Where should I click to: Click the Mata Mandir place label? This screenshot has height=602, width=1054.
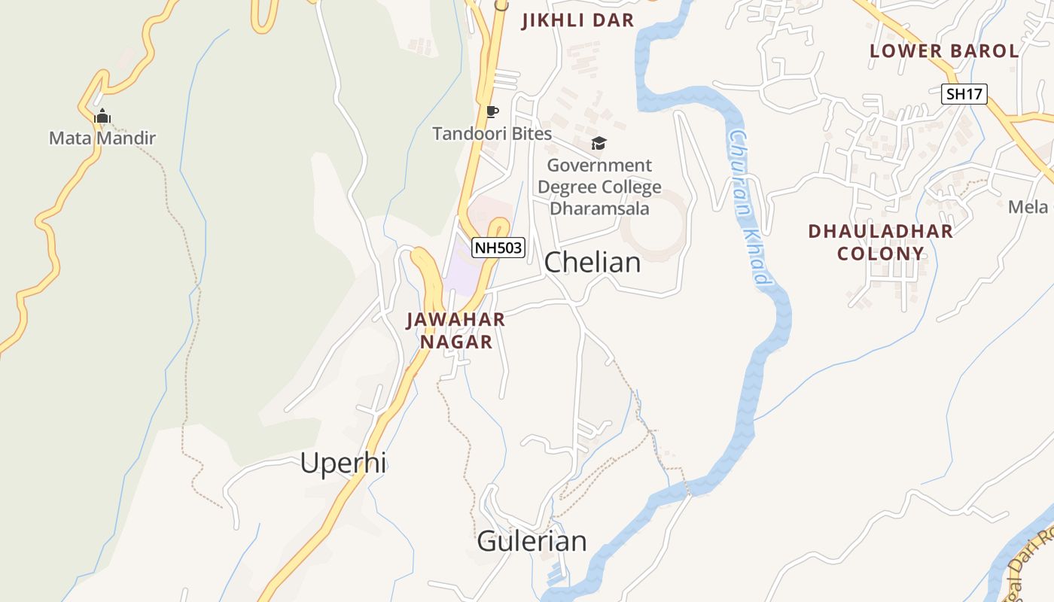pos(102,138)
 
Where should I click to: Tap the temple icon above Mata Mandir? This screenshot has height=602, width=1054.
pos(102,116)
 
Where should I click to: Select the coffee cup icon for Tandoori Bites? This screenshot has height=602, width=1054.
pos(492,112)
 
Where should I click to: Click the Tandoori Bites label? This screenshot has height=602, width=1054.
pos(492,134)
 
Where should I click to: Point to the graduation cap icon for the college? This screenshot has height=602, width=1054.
pos(599,143)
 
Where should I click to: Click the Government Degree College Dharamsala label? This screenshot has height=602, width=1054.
pos(599,187)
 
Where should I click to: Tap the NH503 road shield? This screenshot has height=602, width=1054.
pos(498,248)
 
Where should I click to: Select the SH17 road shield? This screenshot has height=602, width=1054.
pos(964,94)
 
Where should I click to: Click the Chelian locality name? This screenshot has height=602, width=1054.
pos(592,262)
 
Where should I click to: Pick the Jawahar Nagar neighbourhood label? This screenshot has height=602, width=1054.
pos(455,330)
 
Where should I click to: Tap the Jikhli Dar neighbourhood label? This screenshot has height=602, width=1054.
pos(578,21)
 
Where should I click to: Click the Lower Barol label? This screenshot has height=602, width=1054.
pos(944,51)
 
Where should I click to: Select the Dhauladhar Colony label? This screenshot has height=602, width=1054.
pos(880,242)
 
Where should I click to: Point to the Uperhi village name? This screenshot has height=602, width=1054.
pos(343,463)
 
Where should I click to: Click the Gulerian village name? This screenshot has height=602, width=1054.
pos(532,541)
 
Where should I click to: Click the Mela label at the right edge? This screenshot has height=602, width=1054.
pos(1028,207)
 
